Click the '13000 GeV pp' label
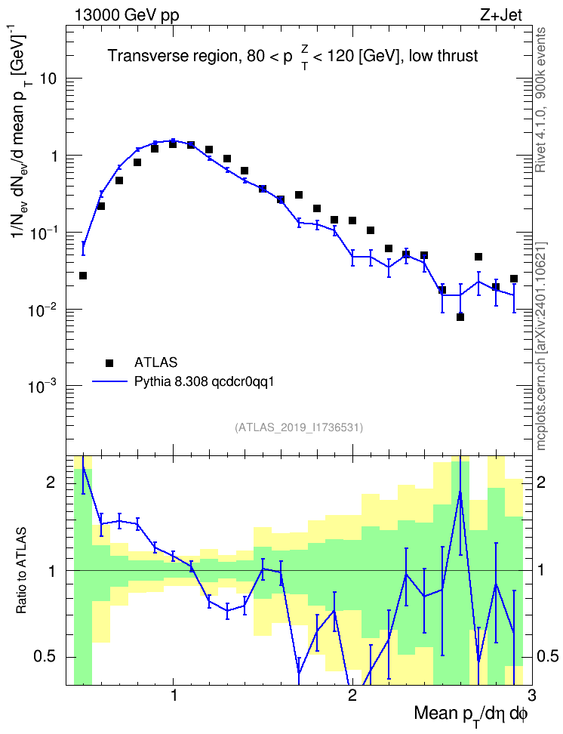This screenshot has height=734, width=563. coord(126,15)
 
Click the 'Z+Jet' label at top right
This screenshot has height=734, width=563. coord(501,15)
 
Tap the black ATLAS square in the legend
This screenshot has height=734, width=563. coord(109,362)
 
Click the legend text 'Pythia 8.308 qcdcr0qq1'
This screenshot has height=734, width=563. coord(204,382)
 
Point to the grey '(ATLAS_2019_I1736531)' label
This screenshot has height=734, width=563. coord(299,427)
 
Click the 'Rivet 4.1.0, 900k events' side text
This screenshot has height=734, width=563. coord(540,100)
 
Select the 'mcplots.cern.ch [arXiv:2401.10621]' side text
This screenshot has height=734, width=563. coord(541,346)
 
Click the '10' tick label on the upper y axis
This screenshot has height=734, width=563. coord(48,79)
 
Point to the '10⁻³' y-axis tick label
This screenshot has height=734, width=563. coord(42,385)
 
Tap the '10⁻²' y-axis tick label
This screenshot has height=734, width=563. coord(42,309)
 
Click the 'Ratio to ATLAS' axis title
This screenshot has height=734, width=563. coord(21,571)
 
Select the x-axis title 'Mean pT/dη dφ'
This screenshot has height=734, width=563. coord(470,714)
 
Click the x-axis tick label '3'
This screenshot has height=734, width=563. coord(531,695)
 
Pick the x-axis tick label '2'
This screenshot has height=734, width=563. coord(352,695)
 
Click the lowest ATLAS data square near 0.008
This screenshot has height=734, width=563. coord(460,317)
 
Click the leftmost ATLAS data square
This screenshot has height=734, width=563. coord(83,276)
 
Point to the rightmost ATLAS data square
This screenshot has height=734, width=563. coord(514,279)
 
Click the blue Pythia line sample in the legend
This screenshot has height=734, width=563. coord(109,382)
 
